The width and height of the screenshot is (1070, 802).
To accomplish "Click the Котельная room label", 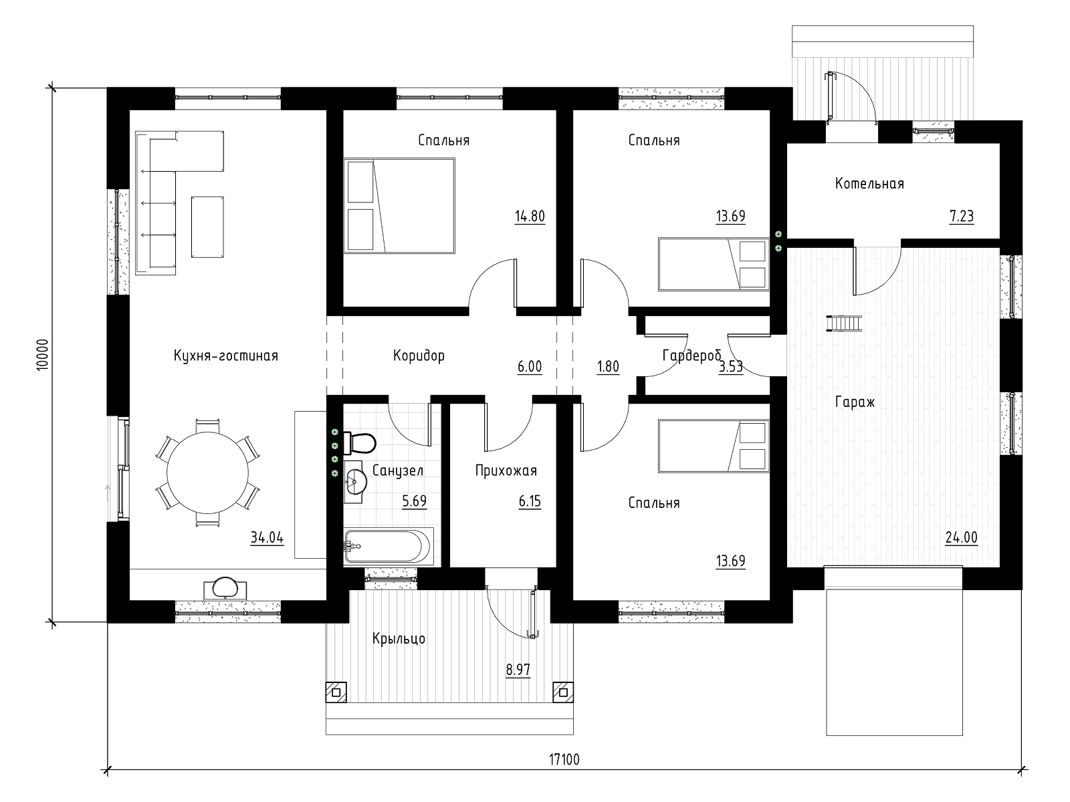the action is coord(869,184).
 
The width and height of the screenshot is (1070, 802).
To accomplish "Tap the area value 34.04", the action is coord(267,537).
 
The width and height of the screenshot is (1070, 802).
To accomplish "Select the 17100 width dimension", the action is coord(564,759).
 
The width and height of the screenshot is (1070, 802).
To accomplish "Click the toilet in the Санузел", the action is coord(360,442).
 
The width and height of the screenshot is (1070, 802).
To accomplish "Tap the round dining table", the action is coord(208,473).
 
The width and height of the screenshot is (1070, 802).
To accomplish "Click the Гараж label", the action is coord(855,402).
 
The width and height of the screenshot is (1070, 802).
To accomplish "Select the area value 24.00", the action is coord(961,537).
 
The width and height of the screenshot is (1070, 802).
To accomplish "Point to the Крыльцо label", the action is coord(399,638).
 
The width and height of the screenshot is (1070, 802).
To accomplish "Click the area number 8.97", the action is coord(518,670).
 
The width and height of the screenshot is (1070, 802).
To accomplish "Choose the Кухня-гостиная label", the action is coord(225,356).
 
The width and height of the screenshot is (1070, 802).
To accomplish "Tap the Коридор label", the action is coord(419,356).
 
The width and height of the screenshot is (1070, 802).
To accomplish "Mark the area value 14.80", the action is coord(530,216).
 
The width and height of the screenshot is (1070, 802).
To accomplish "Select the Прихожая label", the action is coord(506,471).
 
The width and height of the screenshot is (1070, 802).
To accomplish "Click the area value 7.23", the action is coord(961,216).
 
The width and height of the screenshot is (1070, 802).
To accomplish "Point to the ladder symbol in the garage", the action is coord(844,323).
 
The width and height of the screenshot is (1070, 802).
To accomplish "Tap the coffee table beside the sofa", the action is coord(208,227).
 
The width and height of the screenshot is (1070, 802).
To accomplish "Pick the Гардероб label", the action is coord(691,356).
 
